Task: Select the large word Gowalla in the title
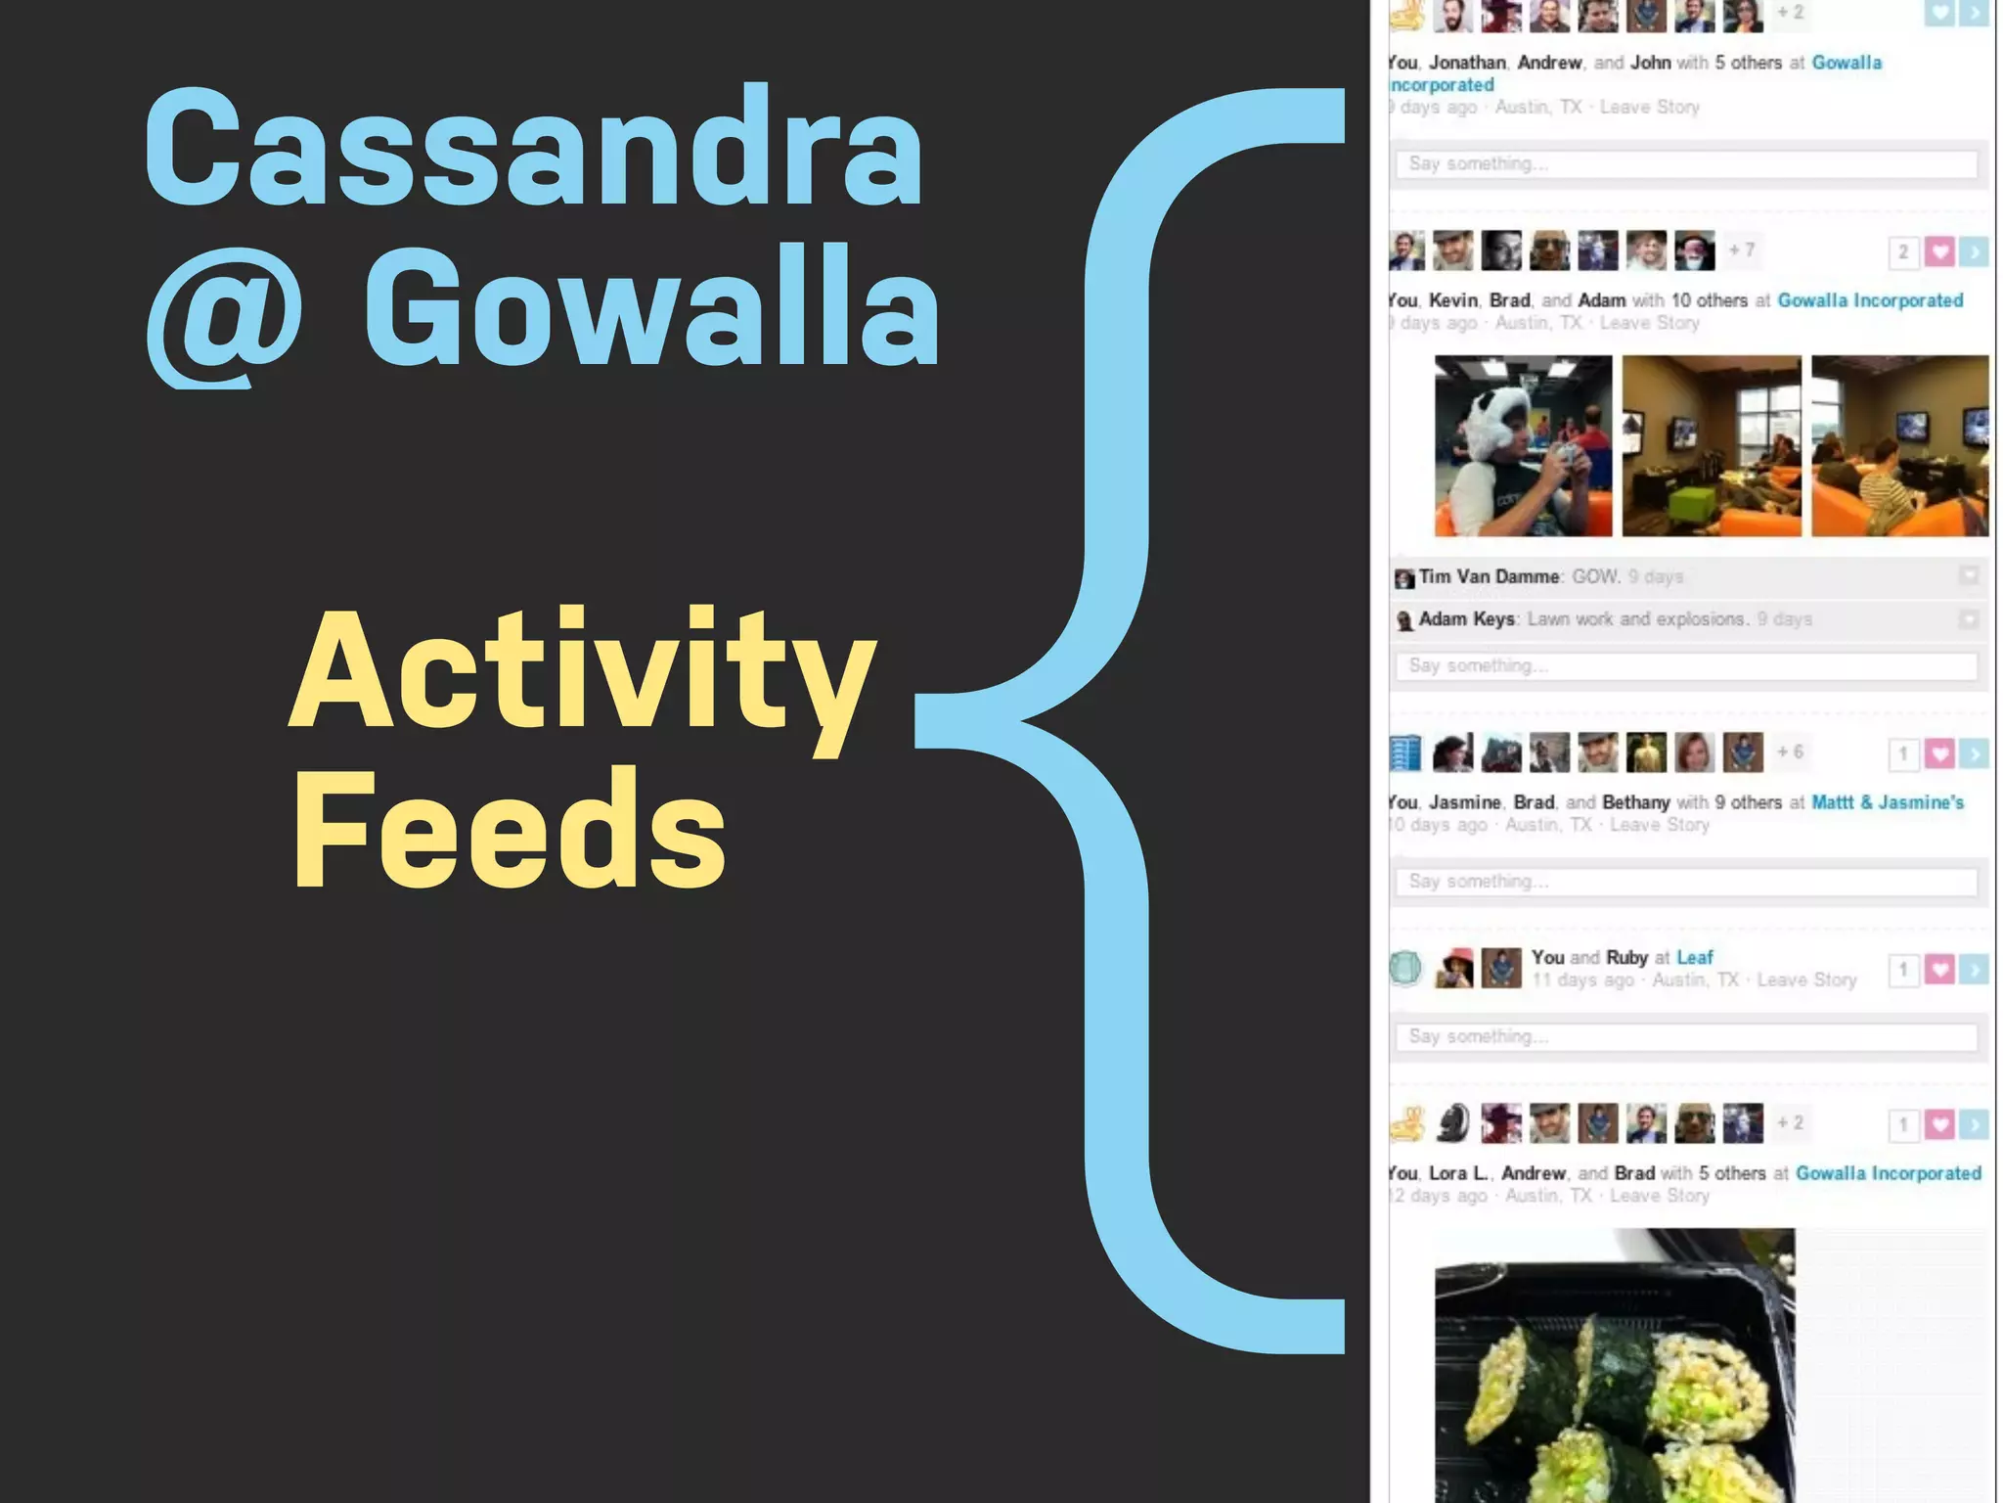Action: [x=651, y=308]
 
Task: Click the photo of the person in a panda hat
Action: [x=1523, y=446]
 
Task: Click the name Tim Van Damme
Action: [x=1489, y=577]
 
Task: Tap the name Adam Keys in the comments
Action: [x=1466, y=619]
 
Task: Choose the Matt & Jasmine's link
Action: [x=1887, y=802]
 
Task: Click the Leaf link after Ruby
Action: [x=1695, y=958]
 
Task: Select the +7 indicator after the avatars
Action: [x=1741, y=250]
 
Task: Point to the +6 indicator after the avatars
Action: [x=1790, y=752]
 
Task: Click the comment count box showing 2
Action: [x=1903, y=252]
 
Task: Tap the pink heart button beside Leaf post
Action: [x=1939, y=970]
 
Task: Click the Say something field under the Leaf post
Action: [x=1686, y=1037]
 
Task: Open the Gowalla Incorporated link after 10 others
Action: [x=1870, y=300]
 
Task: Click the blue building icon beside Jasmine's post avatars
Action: [x=1405, y=752]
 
